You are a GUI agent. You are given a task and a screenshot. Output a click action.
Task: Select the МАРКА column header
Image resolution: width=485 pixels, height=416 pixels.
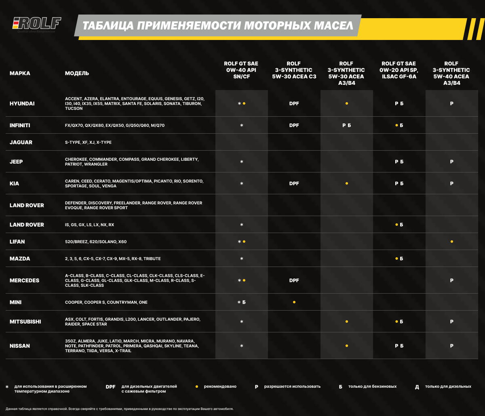[20, 73]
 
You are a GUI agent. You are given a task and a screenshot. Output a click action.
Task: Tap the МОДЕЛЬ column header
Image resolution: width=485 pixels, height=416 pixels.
[77, 73]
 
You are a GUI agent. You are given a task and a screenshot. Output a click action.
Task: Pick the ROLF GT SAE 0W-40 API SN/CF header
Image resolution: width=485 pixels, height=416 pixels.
[241, 70]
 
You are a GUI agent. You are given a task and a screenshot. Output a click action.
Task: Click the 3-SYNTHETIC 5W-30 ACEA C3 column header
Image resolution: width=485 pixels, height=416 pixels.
[294, 70]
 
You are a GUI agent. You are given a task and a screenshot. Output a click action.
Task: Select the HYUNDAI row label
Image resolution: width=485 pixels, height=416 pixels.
[22, 103]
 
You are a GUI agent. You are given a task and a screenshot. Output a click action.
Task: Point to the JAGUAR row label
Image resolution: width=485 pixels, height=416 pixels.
[21, 142]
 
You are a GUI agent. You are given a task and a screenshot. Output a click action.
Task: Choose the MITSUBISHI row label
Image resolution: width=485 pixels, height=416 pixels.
[25, 321]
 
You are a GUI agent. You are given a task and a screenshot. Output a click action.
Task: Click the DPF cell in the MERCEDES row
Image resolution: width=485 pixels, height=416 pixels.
[294, 280]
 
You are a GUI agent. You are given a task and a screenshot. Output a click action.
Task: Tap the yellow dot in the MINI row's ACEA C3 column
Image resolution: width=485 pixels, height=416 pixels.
[294, 302]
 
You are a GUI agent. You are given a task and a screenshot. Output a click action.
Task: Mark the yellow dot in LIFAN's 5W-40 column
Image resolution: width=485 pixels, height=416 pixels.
[451, 242]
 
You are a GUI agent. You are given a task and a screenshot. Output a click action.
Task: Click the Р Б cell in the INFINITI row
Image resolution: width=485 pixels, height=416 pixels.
[346, 125]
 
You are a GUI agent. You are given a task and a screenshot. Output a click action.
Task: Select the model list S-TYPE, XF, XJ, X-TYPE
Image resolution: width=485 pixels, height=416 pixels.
[88, 142]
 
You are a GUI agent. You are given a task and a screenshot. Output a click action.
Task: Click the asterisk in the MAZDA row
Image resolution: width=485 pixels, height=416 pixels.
[242, 258]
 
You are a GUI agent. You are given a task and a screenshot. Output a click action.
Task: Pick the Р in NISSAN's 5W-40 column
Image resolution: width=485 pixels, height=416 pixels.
[451, 346]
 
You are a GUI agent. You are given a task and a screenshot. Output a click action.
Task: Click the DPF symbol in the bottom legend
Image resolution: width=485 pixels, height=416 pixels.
[111, 387]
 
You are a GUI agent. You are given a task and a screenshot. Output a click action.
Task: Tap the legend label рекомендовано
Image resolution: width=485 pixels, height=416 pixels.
[220, 387]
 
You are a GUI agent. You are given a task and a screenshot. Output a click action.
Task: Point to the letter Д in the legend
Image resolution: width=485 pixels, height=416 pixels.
[417, 387]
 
